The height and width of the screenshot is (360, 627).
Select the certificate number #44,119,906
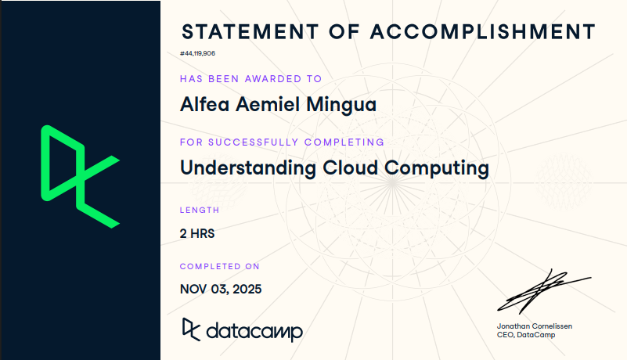pos(197,53)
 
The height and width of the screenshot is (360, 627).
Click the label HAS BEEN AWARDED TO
pos(250,79)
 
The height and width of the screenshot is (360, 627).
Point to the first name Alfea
pos(200,104)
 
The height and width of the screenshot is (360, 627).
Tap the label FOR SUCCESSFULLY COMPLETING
pos(282,142)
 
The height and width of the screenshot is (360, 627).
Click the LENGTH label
pos(200,210)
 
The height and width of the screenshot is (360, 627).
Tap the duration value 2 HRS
pos(197,232)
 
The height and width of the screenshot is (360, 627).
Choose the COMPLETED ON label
pos(220,267)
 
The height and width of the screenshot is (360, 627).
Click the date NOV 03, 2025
pos(221,289)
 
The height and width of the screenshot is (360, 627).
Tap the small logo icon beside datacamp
pos(190,329)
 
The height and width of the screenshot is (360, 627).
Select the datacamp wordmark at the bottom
pos(254,331)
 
